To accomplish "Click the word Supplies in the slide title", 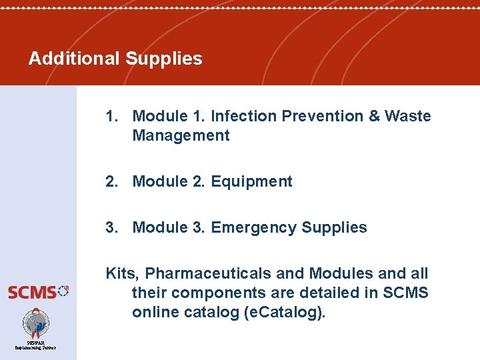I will [163, 59].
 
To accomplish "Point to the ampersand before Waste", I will [375, 116].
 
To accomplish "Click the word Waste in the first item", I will [408, 116].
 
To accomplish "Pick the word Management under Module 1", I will [181, 135].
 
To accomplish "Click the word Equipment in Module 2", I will [251, 181].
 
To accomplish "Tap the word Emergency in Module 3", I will [253, 227].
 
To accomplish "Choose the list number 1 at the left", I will [110, 116].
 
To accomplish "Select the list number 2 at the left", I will [110, 181].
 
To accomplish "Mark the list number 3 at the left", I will [110, 227].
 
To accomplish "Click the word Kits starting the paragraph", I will [121, 273].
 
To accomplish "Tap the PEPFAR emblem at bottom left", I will [36, 325].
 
